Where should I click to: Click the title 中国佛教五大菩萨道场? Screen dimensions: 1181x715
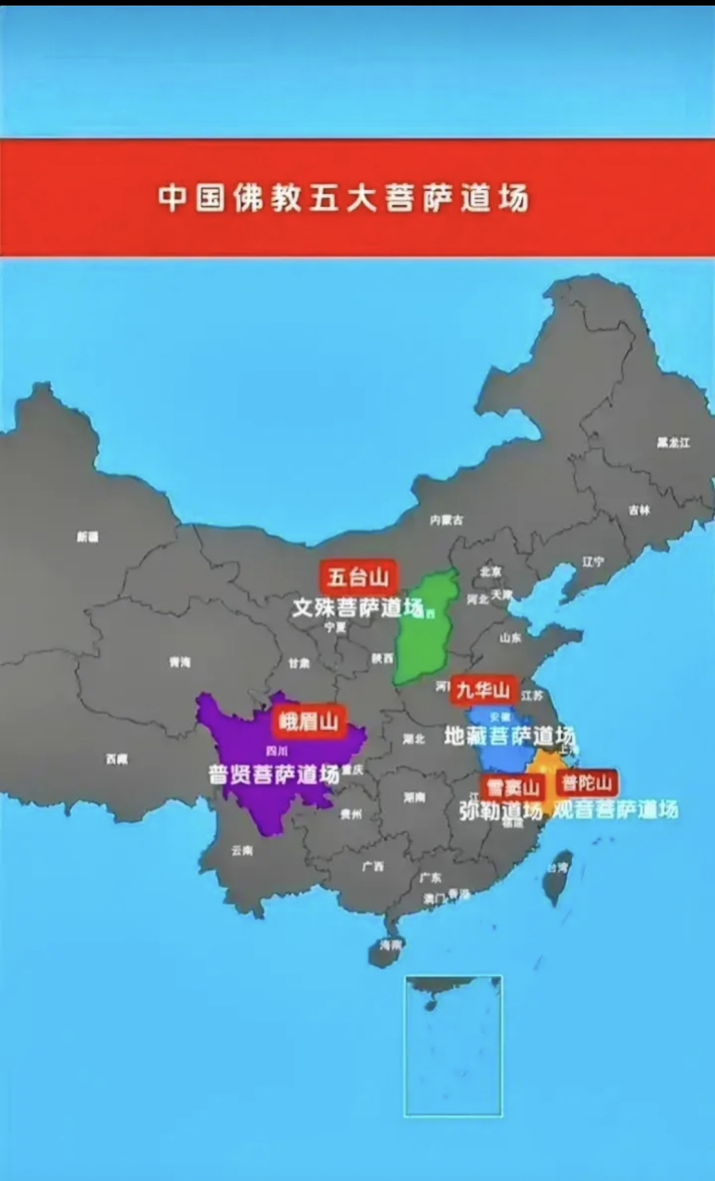click(x=343, y=197)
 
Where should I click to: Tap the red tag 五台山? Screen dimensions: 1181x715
click(x=359, y=578)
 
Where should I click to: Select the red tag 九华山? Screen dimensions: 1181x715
click(x=483, y=689)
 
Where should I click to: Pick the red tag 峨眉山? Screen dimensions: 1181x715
click(x=308, y=722)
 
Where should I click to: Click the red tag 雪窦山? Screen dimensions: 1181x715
click(x=511, y=788)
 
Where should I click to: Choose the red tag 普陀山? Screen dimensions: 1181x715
click(x=587, y=783)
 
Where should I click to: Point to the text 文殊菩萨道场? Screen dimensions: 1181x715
click(x=357, y=608)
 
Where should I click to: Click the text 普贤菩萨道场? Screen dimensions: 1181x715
click(x=274, y=774)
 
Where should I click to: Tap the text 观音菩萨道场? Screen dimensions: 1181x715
click(x=614, y=809)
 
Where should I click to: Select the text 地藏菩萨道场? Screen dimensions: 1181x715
click(x=509, y=735)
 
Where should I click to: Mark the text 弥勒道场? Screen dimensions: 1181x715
click(x=500, y=810)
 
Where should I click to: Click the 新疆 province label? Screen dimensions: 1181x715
click(x=88, y=536)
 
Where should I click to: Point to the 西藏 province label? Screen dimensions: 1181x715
click(x=116, y=758)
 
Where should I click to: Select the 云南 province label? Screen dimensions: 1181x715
click(x=242, y=850)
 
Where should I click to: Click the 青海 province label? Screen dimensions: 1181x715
click(x=179, y=662)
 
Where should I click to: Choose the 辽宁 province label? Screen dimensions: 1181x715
click(x=593, y=561)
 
